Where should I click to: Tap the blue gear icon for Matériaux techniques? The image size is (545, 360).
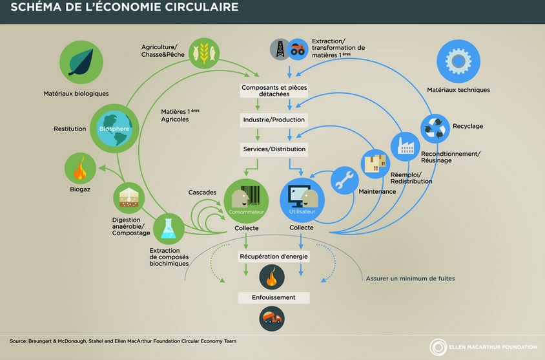point(458,61)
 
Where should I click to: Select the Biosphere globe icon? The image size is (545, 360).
point(114,127)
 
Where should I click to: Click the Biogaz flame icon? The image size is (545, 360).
point(81,170)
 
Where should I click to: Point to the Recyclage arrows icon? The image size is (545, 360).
point(435,127)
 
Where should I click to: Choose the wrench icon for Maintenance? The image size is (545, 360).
point(345,180)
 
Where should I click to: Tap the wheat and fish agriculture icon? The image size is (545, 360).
point(204,52)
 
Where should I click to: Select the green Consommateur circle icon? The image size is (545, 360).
point(245,200)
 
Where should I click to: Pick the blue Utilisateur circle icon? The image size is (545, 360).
point(301,200)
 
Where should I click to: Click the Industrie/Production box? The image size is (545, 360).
point(274,120)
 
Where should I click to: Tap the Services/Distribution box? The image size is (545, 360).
point(274,149)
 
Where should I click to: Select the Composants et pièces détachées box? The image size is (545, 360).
point(274,90)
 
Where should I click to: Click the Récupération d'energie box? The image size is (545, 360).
point(274,257)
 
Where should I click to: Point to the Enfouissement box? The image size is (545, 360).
point(274,297)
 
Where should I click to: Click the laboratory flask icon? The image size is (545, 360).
point(169,229)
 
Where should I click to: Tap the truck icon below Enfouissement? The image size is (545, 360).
point(272,318)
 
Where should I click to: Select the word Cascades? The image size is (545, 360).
point(202,193)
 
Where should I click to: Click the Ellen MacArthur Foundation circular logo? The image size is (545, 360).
point(438,347)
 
